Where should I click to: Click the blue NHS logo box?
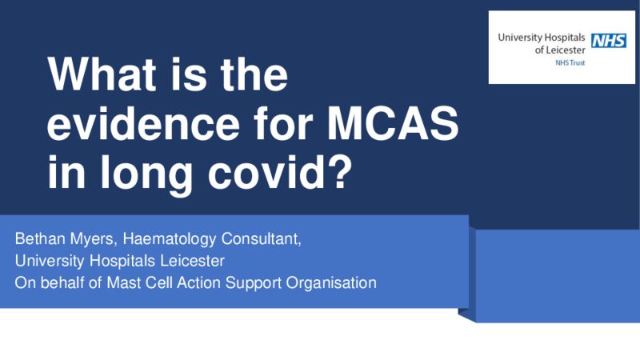click(609, 41)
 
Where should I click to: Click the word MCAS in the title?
click(393, 123)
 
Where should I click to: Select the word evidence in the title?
click(143, 123)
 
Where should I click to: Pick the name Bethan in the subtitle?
click(41, 238)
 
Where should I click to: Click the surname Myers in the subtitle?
click(94, 239)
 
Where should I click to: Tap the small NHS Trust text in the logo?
click(570, 63)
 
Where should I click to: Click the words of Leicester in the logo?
click(560, 50)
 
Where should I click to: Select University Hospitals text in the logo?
click(542, 38)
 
